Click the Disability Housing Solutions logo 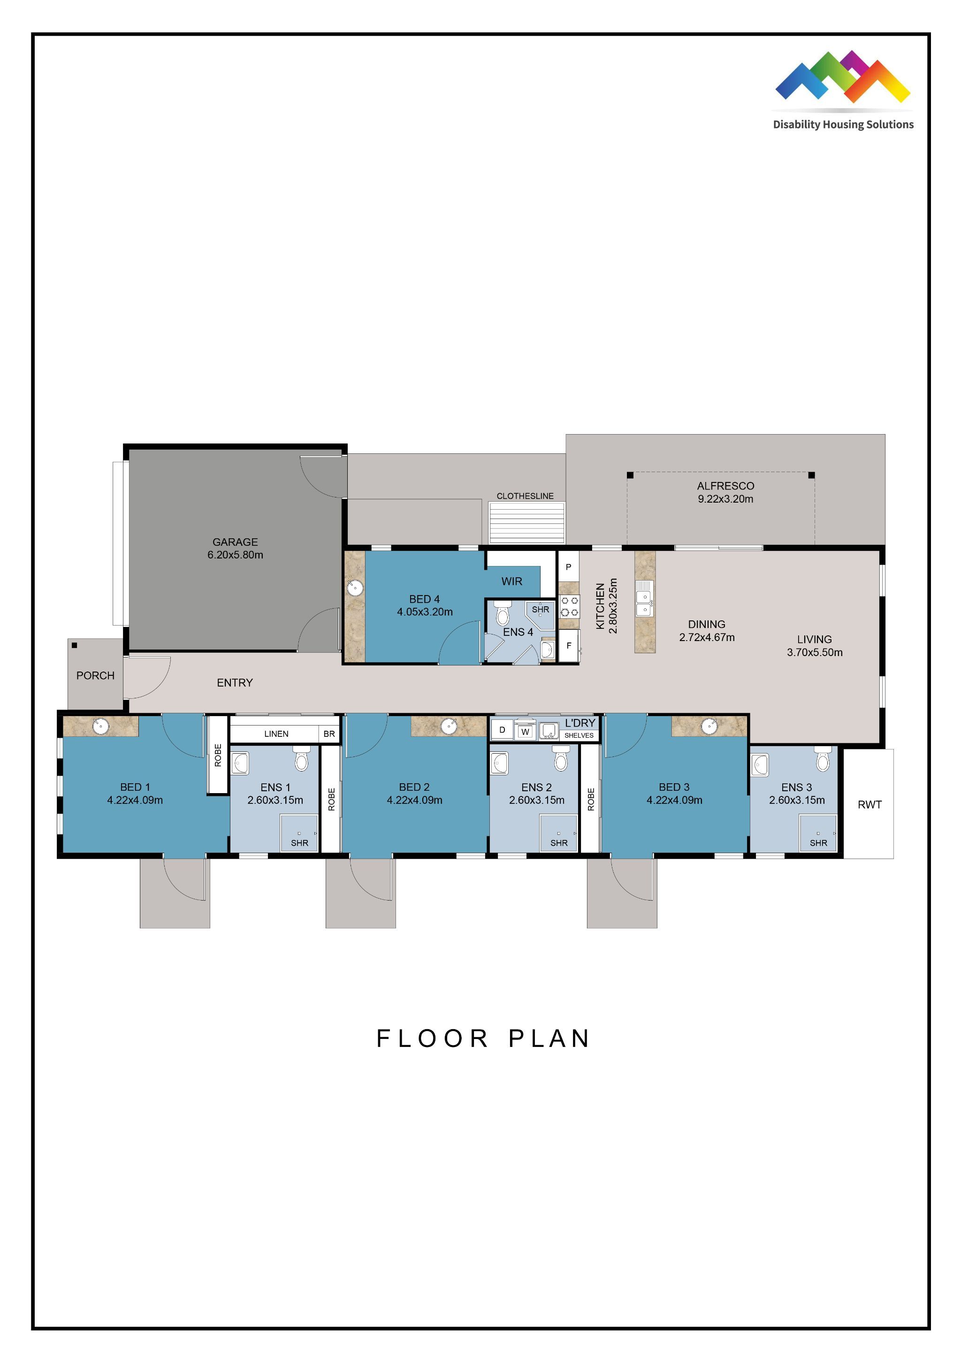843,90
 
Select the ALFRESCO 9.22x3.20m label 725,492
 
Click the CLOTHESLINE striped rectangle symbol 526,522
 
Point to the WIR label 511,581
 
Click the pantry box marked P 568,567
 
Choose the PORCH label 95,676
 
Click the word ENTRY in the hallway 235,683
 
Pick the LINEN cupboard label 276,734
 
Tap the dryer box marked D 502,730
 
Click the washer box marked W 525,732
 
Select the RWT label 869,804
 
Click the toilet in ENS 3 823,759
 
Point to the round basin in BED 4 355,588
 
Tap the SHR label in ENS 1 300,843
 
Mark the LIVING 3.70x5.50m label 814,646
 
